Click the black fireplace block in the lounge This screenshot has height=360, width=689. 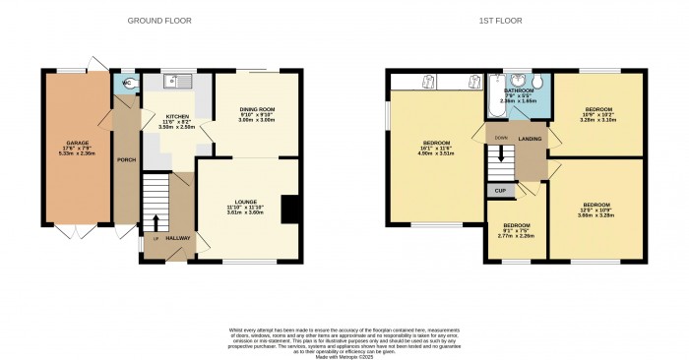click(288, 210)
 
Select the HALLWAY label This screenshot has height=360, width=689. click(176, 238)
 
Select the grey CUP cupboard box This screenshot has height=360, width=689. click(500, 190)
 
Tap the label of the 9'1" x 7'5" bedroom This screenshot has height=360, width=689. click(517, 224)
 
